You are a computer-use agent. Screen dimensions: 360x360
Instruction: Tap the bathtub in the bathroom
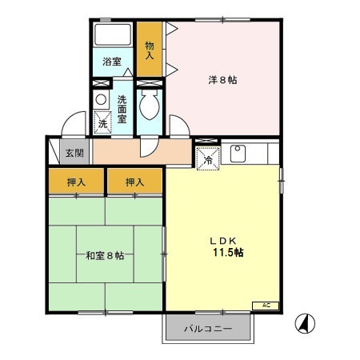[113, 35]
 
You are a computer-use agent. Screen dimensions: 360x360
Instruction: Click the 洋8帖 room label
[222, 79]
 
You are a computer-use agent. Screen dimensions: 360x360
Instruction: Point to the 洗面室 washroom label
[122, 108]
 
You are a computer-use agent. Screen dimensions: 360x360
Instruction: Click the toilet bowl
[150, 104]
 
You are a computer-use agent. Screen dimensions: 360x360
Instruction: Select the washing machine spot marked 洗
[102, 122]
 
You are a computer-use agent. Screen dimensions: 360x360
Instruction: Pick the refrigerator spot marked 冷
[207, 158]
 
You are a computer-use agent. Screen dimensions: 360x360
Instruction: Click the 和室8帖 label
[105, 256]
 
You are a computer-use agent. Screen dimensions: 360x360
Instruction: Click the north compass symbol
[306, 323]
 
